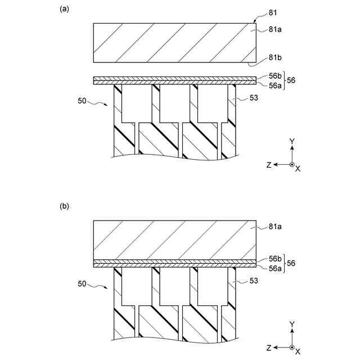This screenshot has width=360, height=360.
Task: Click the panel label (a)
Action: [64, 9]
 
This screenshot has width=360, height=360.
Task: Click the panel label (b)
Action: [64, 206]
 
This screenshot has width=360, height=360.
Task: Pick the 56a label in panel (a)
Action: [276, 85]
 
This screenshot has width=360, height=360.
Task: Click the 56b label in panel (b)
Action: [276, 258]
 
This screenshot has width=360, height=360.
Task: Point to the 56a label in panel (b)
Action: [276, 269]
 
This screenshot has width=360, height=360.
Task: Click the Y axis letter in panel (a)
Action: [292, 141]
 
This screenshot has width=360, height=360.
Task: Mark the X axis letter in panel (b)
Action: [298, 353]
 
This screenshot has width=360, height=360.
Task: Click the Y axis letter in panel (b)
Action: [292, 324]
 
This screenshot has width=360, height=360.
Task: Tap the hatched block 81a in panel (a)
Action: [174, 42]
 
